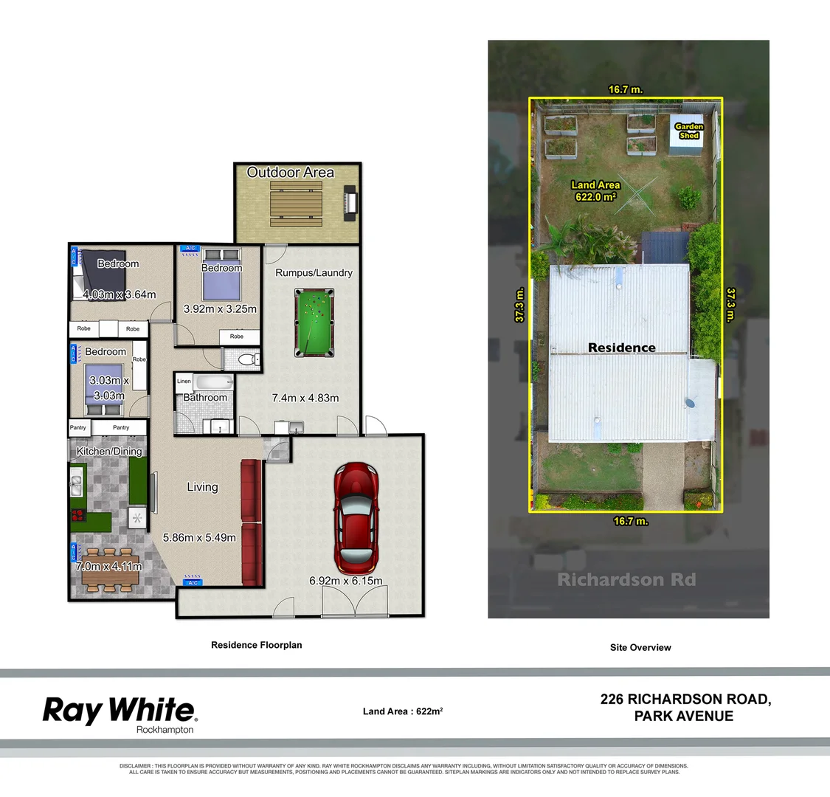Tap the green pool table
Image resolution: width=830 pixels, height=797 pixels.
(x=312, y=322)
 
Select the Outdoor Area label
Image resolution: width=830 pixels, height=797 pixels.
(x=290, y=173)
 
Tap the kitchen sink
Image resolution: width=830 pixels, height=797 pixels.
(x=76, y=485)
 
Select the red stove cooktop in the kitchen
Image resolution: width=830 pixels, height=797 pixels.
(x=77, y=515)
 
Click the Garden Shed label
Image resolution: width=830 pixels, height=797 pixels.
(x=689, y=131)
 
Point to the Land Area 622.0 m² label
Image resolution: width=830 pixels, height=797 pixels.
(x=595, y=191)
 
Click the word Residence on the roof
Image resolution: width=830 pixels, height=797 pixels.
(x=621, y=348)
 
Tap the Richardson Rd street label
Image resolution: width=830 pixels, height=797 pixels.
(x=626, y=579)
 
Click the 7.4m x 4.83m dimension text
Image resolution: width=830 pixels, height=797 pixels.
(x=305, y=398)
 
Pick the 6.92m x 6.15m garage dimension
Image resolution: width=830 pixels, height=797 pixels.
(x=346, y=581)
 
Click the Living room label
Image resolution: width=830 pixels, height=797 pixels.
(x=202, y=487)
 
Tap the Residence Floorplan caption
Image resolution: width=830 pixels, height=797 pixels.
(x=256, y=645)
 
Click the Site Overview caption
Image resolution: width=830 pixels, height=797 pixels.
(x=640, y=647)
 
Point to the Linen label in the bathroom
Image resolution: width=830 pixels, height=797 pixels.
(x=184, y=382)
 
